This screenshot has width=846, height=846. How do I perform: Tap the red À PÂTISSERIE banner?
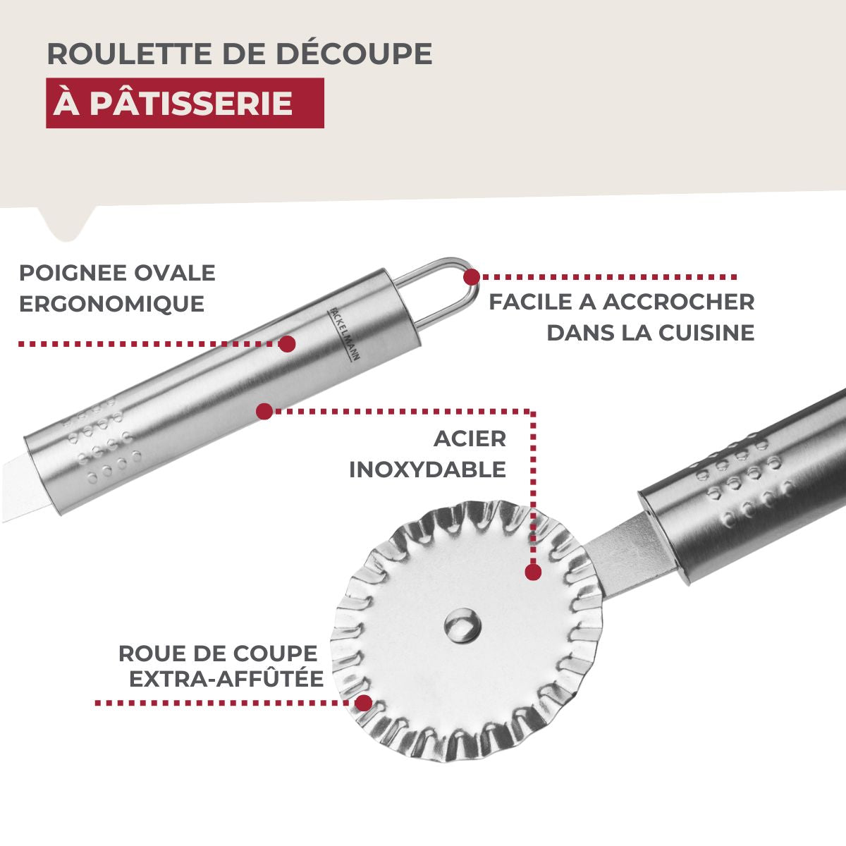pyautogui.click(x=185, y=103)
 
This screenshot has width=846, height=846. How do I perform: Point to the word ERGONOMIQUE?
pyautogui.click(x=111, y=304)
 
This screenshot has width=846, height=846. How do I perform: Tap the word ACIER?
pyautogui.click(x=470, y=439)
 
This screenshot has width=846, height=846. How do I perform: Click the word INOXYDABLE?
pyautogui.click(x=427, y=470)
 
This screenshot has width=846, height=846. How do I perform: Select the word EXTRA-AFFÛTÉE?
pyautogui.click(x=226, y=679)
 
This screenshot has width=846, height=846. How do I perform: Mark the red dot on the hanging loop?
pyautogui.click(x=471, y=276)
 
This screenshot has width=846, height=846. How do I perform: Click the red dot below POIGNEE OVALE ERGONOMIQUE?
pyautogui.click(x=287, y=344)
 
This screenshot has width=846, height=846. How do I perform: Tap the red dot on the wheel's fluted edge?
pyautogui.click(x=364, y=703)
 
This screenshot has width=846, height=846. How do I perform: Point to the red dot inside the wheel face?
pyautogui.click(x=533, y=572)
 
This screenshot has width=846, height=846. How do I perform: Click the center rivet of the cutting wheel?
pyautogui.click(x=463, y=624)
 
